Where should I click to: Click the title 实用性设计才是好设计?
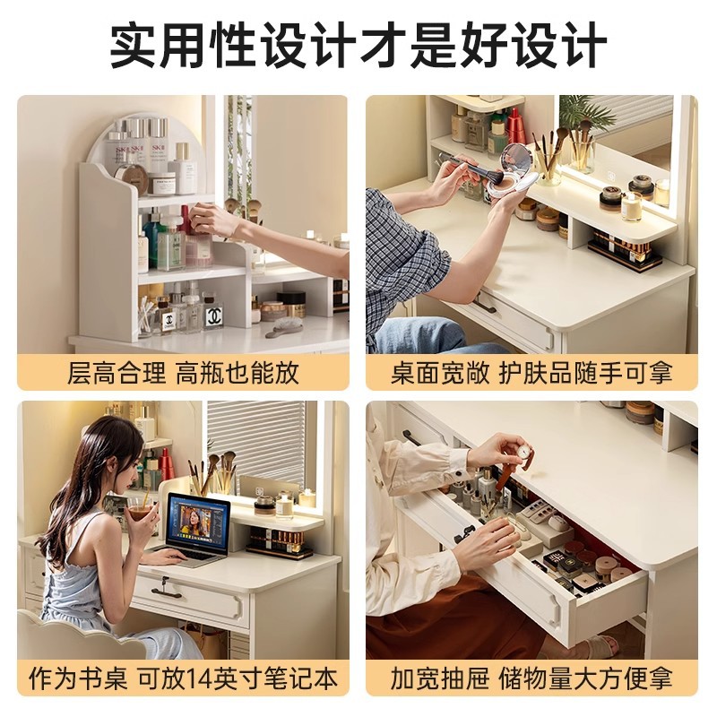pos(358,45)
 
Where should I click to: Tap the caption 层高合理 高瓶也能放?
pos(183,372)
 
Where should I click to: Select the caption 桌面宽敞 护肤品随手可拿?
pos(531,372)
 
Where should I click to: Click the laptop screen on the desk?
pos(198,523)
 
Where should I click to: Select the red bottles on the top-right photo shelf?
pos(515,127)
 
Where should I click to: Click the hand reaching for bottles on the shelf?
pos(212,219)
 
